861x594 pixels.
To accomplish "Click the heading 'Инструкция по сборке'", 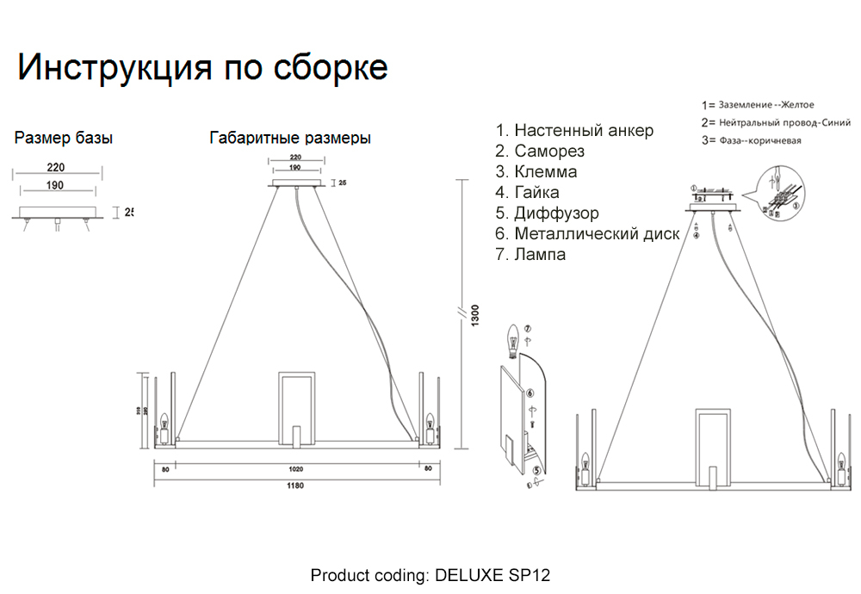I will coord(202,68).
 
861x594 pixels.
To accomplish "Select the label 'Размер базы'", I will coord(64,138).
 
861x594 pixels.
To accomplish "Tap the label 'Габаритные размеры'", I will coord(290,138).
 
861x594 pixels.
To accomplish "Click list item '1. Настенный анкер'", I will coord(574,131).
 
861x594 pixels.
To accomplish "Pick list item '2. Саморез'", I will coord(540,152).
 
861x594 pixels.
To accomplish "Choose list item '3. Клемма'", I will coord(536,172).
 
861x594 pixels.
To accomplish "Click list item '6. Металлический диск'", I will coord(587,234).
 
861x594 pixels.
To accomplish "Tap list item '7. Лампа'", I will coord(530,255).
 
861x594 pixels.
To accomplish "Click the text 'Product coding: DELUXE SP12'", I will coord(430,575).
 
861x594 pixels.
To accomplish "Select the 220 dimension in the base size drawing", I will coord(57,169).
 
